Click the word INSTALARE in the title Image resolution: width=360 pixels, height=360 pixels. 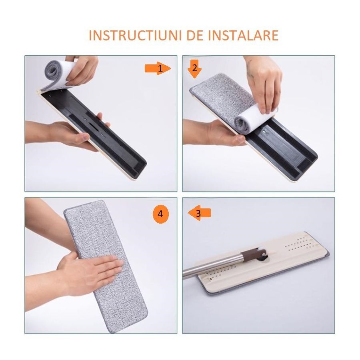click(x=242, y=35)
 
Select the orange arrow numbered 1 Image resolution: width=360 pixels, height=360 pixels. click(x=158, y=69)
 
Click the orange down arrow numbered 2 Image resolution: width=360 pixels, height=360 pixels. click(x=194, y=70)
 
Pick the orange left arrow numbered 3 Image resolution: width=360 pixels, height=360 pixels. click(x=200, y=213)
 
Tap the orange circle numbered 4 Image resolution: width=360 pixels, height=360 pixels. click(x=160, y=214)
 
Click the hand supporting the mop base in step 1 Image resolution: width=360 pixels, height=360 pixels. click(x=72, y=134)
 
